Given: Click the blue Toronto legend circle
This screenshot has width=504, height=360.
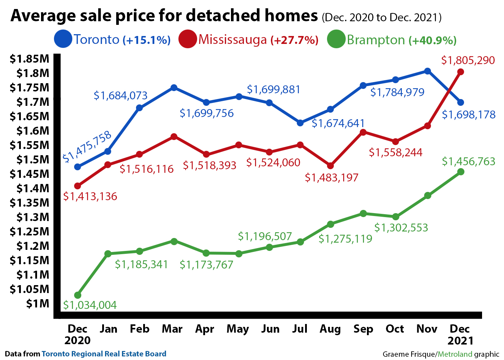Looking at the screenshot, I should click(x=63, y=39).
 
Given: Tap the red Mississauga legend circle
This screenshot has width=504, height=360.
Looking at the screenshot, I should click(x=187, y=39).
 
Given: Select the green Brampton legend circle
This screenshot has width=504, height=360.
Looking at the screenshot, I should click(x=336, y=39).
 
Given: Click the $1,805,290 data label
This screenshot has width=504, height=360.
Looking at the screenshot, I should click(x=468, y=60).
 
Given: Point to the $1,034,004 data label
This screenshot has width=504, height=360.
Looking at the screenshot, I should click(x=90, y=305).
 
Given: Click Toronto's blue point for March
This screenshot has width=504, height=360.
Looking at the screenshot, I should click(x=174, y=87).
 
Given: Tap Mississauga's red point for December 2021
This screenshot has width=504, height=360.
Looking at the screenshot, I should click(x=460, y=72).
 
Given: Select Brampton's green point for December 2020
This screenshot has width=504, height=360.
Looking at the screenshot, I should click(x=78, y=295).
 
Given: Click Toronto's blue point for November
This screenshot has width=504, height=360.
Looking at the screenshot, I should click(x=427, y=71).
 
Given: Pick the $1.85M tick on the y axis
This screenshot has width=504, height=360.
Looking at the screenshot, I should click(x=29, y=59).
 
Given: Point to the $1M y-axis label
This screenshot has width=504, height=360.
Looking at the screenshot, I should click(x=37, y=303).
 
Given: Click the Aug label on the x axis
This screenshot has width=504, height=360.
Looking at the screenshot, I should click(x=330, y=329).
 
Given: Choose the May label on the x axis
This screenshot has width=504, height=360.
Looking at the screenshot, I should click(x=238, y=329).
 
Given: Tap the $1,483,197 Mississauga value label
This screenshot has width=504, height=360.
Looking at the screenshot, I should click(x=332, y=177).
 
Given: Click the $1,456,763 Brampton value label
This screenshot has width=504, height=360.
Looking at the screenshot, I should click(x=468, y=162).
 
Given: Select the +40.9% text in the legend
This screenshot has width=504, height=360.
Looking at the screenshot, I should click(x=433, y=40).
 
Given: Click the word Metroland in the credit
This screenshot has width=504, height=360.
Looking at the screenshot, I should click(x=455, y=354).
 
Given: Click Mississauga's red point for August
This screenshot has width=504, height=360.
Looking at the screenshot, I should click(x=331, y=166).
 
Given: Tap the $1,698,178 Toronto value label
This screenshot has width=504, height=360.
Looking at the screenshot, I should click(x=469, y=115).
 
